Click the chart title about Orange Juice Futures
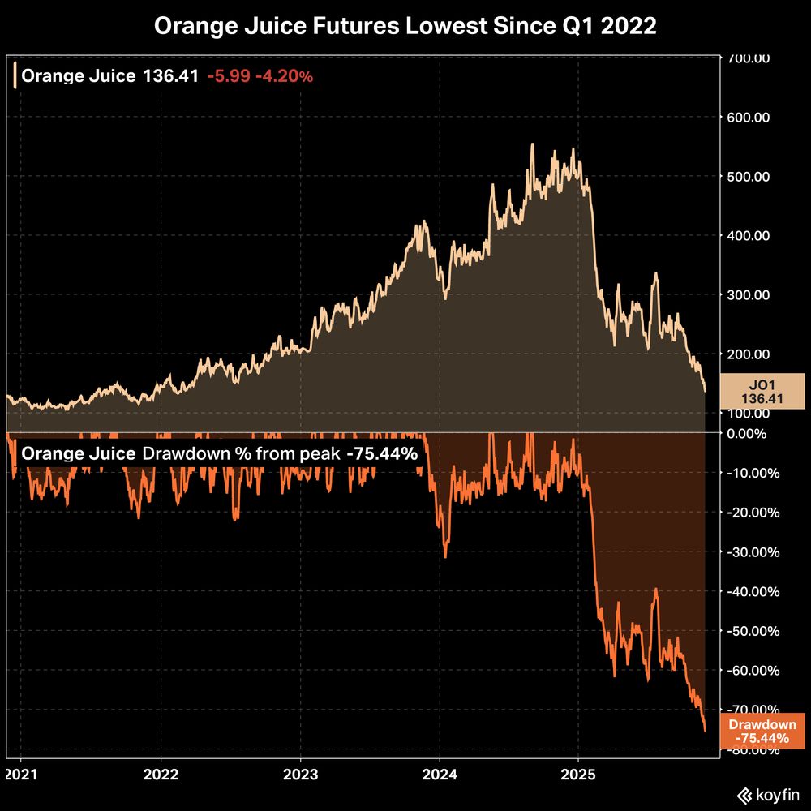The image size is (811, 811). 405,27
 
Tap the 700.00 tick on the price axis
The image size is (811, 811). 749,58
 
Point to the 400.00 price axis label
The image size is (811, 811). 749,236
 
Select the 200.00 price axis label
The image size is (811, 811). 749,354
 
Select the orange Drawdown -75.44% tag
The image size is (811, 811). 762,732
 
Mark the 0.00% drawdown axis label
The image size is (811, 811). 755,434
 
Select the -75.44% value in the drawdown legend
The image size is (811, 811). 382,454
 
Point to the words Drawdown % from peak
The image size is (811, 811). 241,454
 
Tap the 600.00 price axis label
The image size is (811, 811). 749,118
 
